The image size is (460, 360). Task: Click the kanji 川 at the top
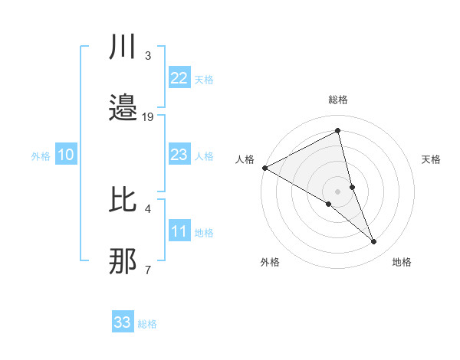pos(123,47)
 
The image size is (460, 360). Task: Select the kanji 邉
pos(123,109)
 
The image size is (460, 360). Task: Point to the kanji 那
pos(123,263)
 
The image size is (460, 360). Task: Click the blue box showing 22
pos(179,78)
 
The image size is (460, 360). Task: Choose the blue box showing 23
pos(179,155)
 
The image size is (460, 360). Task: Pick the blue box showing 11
pos(179,231)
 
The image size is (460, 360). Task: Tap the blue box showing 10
pos(66,155)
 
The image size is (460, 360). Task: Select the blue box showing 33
pos(123,322)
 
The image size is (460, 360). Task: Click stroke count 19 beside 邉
pos(148,116)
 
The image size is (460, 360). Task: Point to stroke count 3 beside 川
pos(148,55)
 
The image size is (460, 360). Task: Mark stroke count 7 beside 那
pos(148,270)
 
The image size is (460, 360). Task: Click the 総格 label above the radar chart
pos(338,100)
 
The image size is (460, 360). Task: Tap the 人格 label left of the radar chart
pos(245,159)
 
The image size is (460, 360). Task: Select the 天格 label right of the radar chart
pos(432,159)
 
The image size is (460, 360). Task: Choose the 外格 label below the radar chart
pos(270,262)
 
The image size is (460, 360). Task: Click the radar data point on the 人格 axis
pos(264,167)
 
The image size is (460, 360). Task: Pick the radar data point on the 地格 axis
pos(374,241)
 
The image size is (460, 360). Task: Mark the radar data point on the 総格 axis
pos(338,131)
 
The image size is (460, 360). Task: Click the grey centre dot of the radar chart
pos(338,191)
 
